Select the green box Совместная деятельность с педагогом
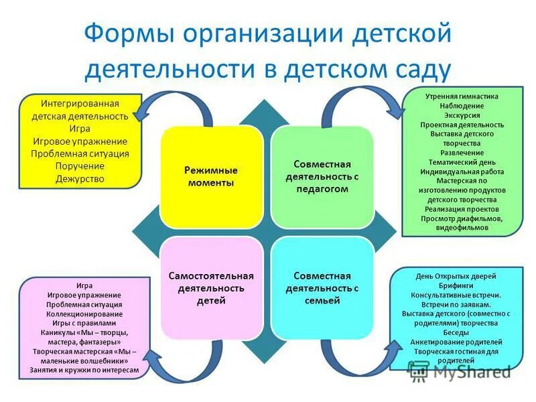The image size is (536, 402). pyautogui.click(x=322, y=177)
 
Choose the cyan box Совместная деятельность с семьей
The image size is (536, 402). pyautogui.click(x=322, y=288)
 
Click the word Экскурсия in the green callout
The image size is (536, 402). pyautogui.click(x=462, y=115)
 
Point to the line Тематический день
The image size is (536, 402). pyautogui.click(x=462, y=162)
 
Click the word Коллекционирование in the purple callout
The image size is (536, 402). pyautogui.click(x=84, y=314)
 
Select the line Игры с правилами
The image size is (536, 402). pyautogui.click(x=84, y=323)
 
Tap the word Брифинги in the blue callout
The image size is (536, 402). pyautogui.click(x=457, y=285)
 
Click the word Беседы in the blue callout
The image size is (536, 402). pyautogui.click(x=457, y=332)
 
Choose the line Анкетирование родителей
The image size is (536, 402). pyautogui.click(x=457, y=342)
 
